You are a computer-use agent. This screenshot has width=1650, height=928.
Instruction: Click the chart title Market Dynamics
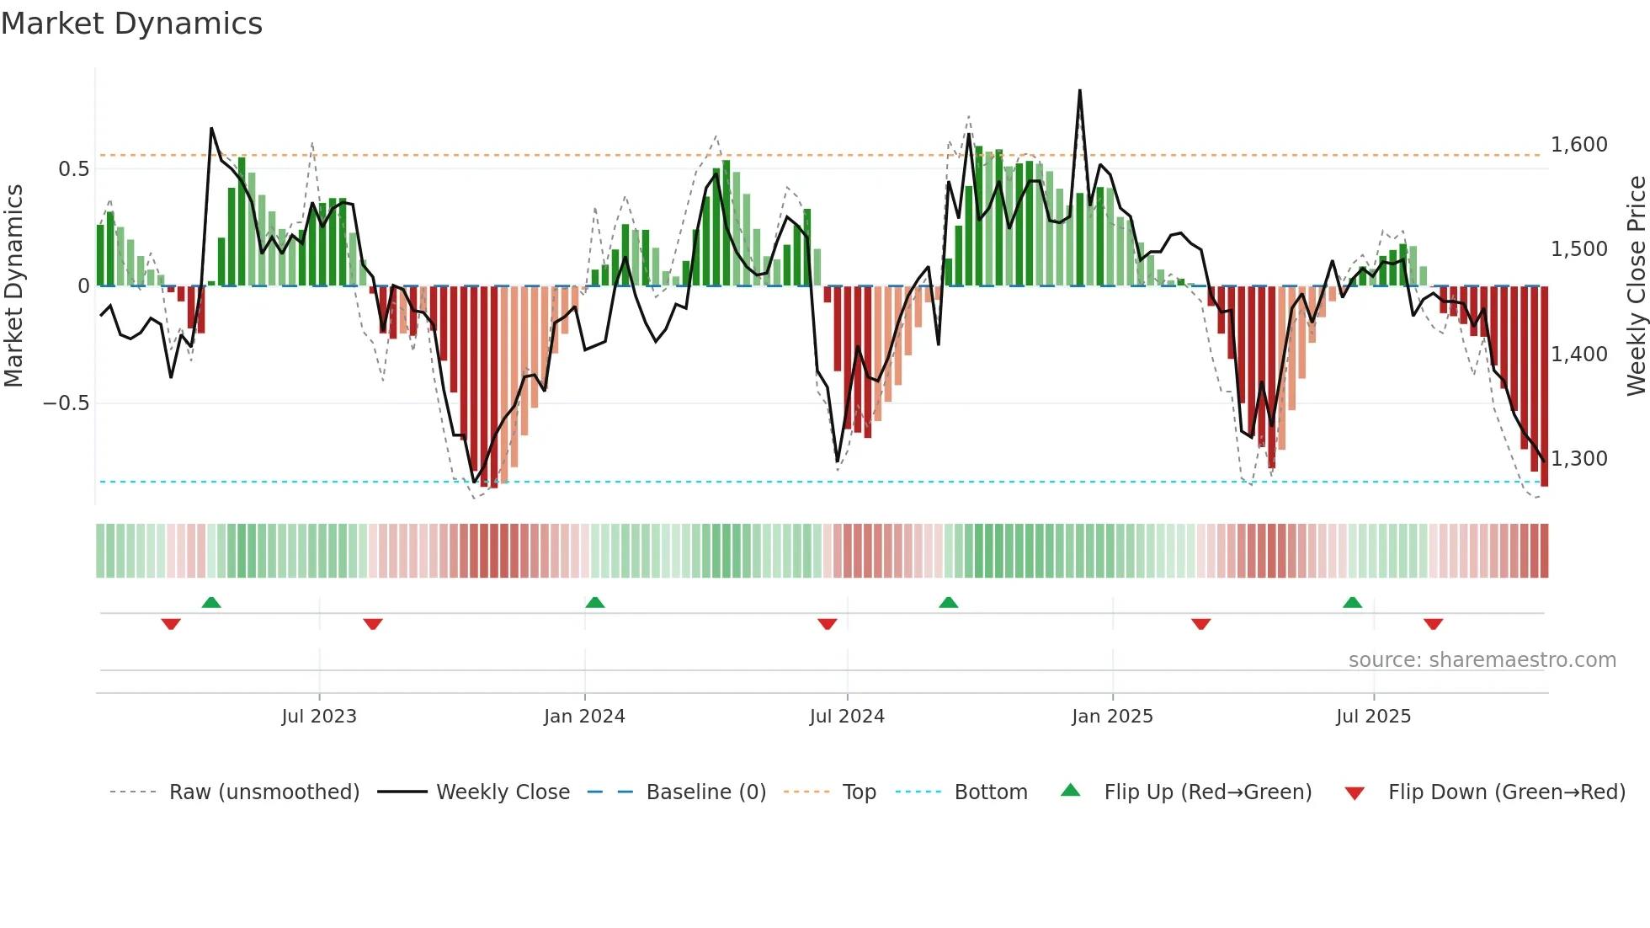click(x=131, y=24)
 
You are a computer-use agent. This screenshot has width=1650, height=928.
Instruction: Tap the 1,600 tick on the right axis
click(x=1578, y=145)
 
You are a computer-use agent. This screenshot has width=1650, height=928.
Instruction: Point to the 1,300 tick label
click(x=1578, y=459)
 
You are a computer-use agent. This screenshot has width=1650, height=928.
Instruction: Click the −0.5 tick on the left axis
click(x=66, y=403)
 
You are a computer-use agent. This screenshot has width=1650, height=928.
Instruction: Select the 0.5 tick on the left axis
click(x=73, y=169)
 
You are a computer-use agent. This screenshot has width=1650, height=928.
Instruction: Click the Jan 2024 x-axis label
click(x=584, y=717)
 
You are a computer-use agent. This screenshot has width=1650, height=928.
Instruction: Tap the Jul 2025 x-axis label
click(x=1373, y=717)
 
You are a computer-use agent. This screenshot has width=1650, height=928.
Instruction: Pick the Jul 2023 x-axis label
click(x=319, y=717)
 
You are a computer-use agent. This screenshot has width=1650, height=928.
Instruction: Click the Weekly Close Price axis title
click(x=1636, y=286)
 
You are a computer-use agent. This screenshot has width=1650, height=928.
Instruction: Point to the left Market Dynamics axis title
click(x=13, y=286)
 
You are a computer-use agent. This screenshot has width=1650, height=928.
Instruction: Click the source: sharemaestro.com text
click(x=1482, y=660)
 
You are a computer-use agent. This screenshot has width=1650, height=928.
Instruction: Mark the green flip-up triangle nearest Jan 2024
click(x=594, y=602)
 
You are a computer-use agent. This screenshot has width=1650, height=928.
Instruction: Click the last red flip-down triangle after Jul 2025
click(x=1433, y=624)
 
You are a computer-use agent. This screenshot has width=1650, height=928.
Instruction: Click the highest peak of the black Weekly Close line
click(x=1079, y=91)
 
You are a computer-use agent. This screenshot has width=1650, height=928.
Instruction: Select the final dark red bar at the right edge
click(x=1544, y=387)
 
